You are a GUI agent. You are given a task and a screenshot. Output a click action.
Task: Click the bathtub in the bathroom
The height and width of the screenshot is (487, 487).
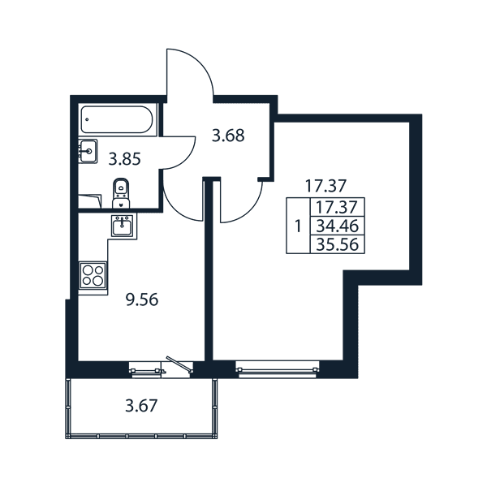[x=117, y=119]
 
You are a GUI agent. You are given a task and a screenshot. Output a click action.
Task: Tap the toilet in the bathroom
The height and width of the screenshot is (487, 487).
[x=122, y=193]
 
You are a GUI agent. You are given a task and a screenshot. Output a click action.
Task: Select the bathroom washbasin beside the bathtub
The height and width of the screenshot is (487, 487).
[x=88, y=151]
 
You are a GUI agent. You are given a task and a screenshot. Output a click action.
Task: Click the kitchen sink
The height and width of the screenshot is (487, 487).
[x=122, y=226]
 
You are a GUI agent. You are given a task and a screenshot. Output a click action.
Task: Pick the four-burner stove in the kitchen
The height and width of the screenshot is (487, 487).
[x=93, y=275]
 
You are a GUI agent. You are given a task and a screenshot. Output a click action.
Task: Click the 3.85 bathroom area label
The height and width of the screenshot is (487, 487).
[x=124, y=160]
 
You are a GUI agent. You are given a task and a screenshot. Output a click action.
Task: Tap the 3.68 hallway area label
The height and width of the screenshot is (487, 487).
[x=228, y=136]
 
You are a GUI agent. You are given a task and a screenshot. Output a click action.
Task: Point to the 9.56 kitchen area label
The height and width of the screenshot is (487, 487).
[x=142, y=300]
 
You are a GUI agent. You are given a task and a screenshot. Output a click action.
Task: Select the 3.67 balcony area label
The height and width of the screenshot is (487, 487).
[x=141, y=406]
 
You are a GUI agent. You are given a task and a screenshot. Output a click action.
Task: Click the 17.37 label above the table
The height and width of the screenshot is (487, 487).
[x=325, y=186]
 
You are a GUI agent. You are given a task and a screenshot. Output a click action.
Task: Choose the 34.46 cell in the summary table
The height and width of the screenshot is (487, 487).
[x=338, y=226]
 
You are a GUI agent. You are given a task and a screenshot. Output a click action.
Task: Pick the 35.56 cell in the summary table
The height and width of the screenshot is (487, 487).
[x=338, y=244]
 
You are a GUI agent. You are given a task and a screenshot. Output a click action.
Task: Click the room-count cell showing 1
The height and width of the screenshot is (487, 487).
[x=298, y=226]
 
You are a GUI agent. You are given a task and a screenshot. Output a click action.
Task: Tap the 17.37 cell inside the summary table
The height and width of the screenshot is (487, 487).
[x=338, y=207]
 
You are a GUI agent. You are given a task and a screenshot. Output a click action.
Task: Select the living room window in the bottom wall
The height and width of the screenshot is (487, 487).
[x=278, y=369]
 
